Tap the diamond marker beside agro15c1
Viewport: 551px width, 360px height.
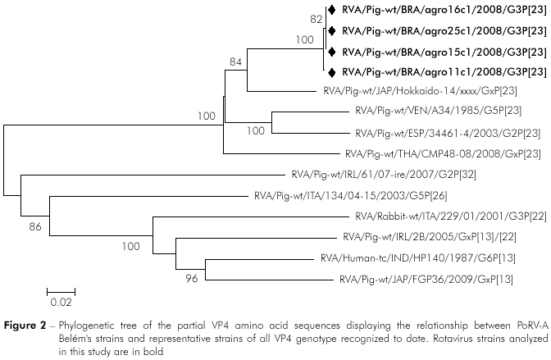coord(332,52)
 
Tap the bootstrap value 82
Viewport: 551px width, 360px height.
coord(316,17)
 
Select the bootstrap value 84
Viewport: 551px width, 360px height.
coord(237,61)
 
